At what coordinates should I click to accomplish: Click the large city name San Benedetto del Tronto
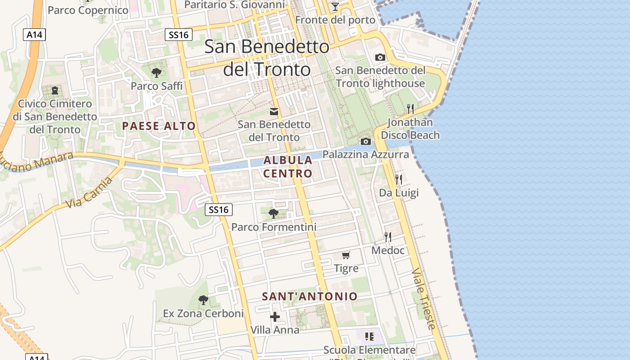click(267, 58)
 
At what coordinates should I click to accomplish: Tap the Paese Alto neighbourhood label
click(159, 126)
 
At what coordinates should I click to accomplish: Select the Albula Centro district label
click(288, 166)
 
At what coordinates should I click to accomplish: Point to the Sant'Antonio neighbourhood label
click(310, 297)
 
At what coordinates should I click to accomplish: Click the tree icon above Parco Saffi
click(157, 72)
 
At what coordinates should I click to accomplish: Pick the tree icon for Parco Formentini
click(273, 213)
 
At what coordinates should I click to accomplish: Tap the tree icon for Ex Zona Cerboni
click(203, 300)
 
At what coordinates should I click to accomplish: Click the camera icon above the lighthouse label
click(380, 58)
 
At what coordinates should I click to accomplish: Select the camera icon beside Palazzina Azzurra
click(366, 142)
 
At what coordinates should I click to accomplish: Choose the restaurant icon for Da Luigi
click(398, 179)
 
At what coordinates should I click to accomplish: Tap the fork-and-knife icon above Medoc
click(388, 237)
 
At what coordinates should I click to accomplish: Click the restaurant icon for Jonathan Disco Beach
click(410, 108)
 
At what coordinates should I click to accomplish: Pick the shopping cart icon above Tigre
click(346, 256)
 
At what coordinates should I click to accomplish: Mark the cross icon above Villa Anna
click(274, 317)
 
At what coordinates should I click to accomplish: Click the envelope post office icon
click(274, 112)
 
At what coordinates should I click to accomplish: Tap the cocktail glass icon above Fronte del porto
click(335, 7)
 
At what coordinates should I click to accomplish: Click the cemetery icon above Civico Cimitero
click(55, 90)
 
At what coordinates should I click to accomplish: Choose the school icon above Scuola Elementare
click(369, 336)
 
